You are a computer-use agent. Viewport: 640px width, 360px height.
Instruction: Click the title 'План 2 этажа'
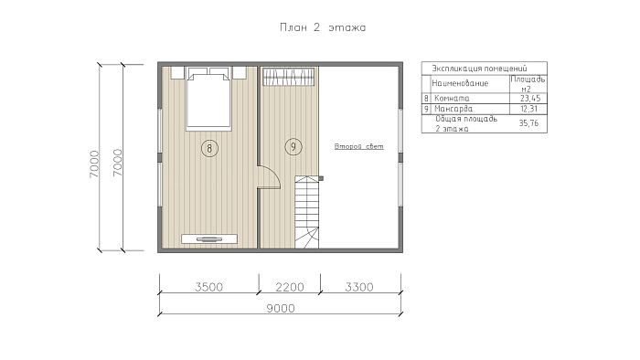[x=323, y=27]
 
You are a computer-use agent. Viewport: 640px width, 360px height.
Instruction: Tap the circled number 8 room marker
[x=209, y=148]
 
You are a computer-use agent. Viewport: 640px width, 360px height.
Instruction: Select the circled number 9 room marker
[x=293, y=146]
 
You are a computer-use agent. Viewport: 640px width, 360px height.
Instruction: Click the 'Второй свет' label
[x=358, y=146]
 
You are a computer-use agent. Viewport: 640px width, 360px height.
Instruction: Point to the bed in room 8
[x=208, y=99]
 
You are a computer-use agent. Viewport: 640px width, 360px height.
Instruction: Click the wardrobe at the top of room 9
[x=289, y=77]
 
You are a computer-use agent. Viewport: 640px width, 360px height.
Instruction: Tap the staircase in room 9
[x=307, y=212]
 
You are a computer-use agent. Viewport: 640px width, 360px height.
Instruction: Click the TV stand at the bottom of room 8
[x=209, y=238]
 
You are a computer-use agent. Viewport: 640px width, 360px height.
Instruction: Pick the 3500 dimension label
[x=208, y=287]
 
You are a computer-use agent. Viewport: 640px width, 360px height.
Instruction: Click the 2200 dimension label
[x=290, y=287]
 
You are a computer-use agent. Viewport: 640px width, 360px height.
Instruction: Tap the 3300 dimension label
[x=359, y=287]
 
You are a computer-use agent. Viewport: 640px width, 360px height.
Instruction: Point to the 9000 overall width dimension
[x=281, y=308]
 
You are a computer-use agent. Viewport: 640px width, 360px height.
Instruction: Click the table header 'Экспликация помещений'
[x=480, y=69]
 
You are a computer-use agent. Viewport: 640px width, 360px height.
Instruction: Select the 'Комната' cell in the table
[x=452, y=99]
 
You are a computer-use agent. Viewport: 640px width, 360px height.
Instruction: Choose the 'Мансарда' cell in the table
[x=453, y=109]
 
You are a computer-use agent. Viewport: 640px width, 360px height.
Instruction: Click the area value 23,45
[x=530, y=99]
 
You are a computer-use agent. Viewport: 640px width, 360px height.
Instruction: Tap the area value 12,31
[x=529, y=109]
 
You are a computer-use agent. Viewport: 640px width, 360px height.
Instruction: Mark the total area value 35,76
[x=528, y=123]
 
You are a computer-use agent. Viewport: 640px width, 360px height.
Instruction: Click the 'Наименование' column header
[x=460, y=83]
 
